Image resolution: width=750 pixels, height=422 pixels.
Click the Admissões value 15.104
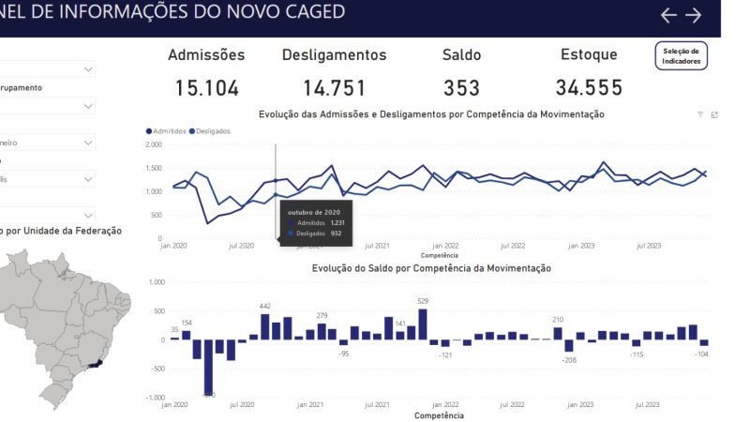coord(207,88)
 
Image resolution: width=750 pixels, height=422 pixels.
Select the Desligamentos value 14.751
coord(335,88)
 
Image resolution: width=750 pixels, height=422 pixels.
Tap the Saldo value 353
coord(461,88)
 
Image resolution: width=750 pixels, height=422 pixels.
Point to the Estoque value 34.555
coord(589,88)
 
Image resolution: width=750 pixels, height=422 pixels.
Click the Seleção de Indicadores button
coord(681,56)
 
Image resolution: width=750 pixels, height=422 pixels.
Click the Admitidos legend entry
coord(170,131)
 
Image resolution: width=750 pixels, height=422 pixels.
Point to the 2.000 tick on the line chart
coord(155,144)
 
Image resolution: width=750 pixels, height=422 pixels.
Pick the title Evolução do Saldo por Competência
coord(431,268)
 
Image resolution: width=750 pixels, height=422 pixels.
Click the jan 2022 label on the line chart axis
coord(444,246)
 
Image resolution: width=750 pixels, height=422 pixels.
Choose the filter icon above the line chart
coord(699,114)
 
